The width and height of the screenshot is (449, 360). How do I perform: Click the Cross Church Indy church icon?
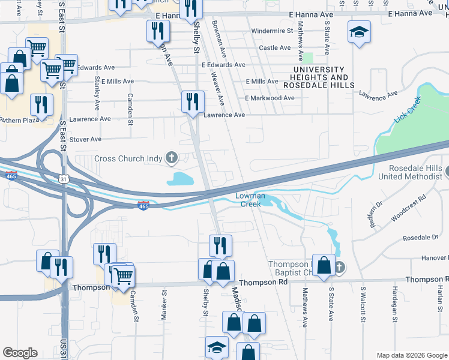(172, 158)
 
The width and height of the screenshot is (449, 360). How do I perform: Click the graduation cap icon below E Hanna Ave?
(360, 32)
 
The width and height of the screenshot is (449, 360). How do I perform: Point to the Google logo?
(20, 353)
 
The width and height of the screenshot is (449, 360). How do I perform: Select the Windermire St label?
(272, 31)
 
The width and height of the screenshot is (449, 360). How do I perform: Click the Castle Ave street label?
(274, 48)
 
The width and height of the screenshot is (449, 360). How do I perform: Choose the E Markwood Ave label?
(270, 98)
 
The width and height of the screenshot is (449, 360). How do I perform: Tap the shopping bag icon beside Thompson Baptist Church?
(324, 266)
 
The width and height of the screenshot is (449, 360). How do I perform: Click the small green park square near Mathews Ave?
(309, 58)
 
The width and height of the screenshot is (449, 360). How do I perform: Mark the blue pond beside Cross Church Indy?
(182, 178)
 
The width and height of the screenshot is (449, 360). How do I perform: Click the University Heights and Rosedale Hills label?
(320, 73)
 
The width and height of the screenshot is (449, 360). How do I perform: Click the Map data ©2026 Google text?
(411, 355)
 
